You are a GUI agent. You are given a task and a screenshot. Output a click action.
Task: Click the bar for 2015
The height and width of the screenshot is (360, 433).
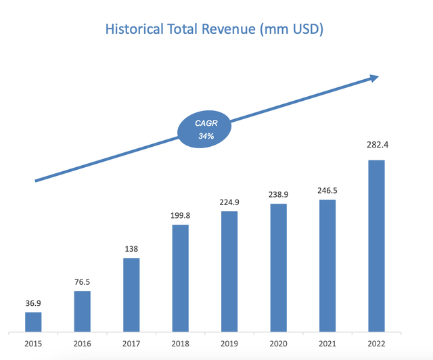point(33,322)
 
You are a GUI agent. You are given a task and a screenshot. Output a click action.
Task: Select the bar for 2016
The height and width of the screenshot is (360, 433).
point(82,311)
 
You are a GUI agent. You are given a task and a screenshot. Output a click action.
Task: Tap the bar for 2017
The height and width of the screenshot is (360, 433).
point(131,295)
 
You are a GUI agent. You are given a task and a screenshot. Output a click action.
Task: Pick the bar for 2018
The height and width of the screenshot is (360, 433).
point(180,278)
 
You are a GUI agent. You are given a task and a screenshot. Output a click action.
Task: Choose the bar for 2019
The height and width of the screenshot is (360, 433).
point(229,271)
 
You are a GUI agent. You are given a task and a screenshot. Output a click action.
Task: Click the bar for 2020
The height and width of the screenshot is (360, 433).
point(278,268)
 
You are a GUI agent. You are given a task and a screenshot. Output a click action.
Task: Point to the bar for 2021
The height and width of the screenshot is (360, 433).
point(327,266)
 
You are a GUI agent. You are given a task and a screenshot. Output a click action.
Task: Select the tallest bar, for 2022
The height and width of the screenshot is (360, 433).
point(376,246)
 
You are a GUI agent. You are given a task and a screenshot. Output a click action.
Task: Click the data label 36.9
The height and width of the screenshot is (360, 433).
point(33,303)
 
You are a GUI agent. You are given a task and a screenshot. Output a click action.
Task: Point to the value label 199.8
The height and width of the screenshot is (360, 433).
point(180,216)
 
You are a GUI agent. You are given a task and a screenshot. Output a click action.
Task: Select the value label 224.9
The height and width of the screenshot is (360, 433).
point(229,202)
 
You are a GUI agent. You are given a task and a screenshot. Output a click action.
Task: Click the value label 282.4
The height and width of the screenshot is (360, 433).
point(376,144)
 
